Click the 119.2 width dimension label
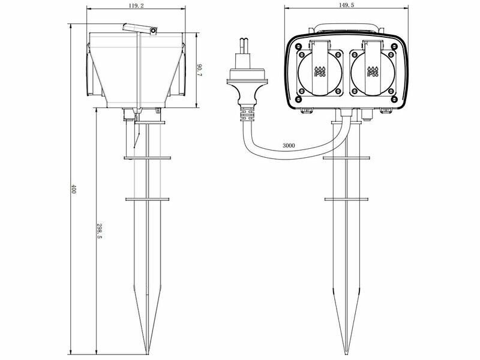[x=136, y=5]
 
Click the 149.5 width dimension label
[x=347, y=5]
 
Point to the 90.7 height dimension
[x=200, y=70]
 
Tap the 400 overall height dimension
[x=73, y=189]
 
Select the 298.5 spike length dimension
[x=99, y=231]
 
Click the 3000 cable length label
[x=289, y=145]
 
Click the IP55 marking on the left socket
[x=320, y=72]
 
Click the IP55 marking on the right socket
[x=373, y=72]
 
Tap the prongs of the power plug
[x=245, y=46]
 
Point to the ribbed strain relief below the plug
[x=247, y=113]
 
